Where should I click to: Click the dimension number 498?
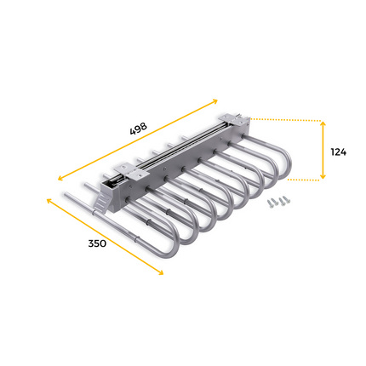(x=138, y=129)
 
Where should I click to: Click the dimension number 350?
(x=96, y=243)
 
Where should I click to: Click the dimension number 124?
(x=338, y=152)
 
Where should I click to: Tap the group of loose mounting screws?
(x=278, y=201)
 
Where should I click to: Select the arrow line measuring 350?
(x=104, y=235)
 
